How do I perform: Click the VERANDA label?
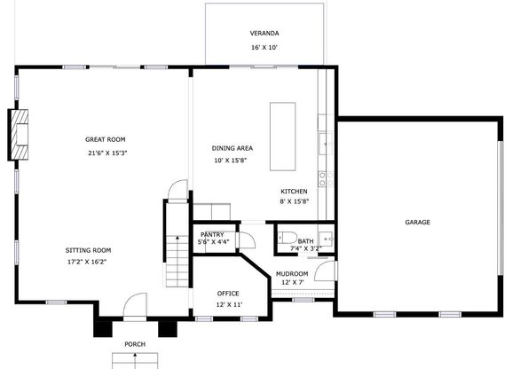point(264,34)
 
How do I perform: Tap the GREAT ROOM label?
point(105,139)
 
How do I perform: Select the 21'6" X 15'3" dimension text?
point(107,153)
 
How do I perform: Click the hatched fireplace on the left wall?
point(19,134)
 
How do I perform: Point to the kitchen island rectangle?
point(282,137)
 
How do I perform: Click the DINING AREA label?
point(232,148)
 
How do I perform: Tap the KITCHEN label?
point(294,192)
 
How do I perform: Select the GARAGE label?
point(417,223)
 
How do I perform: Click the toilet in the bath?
point(288,238)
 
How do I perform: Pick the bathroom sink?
point(326,239)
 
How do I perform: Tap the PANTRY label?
point(212,235)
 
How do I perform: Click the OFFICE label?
point(228,294)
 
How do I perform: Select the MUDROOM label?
point(292,274)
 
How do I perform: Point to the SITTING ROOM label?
point(88,250)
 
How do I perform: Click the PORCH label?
point(135,344)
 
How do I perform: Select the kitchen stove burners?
point(326,179)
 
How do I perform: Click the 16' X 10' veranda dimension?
point(264,48)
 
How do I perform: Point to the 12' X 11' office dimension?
point(229,305)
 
